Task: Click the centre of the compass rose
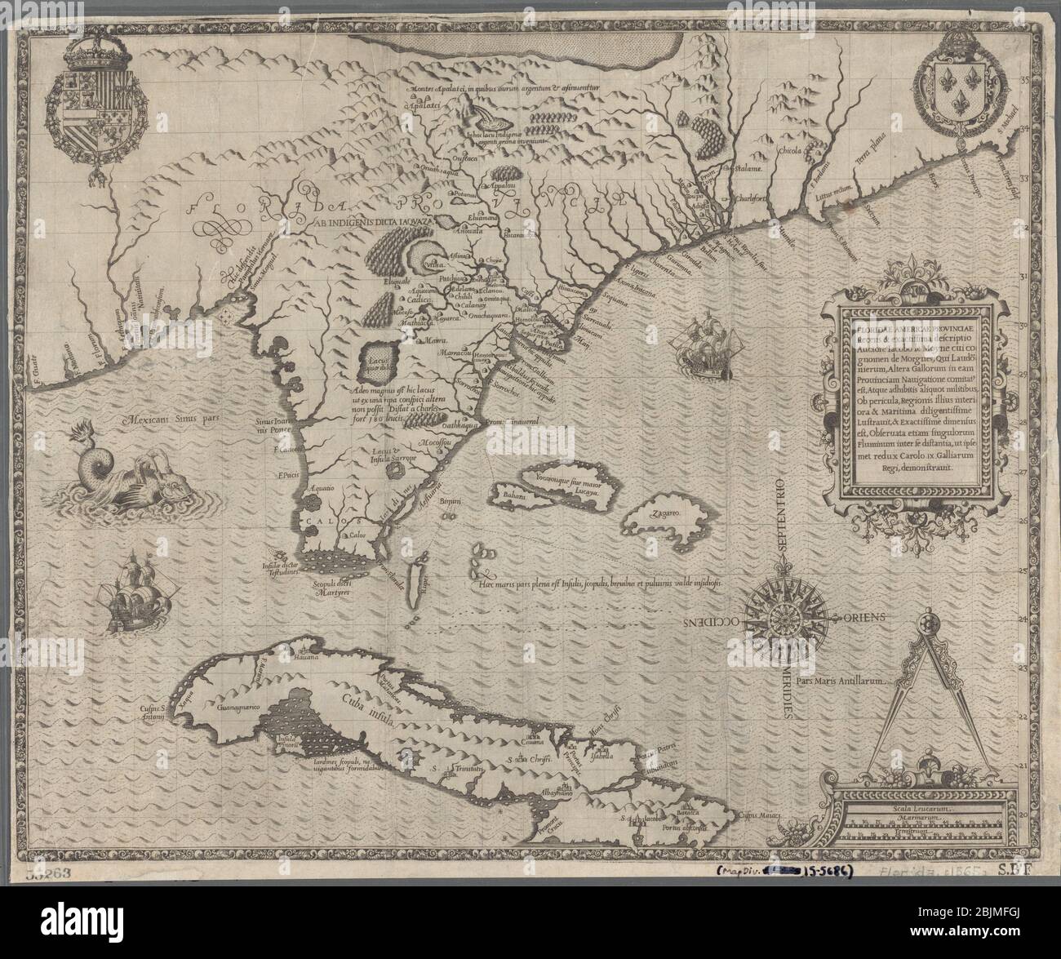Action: [784, 617]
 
